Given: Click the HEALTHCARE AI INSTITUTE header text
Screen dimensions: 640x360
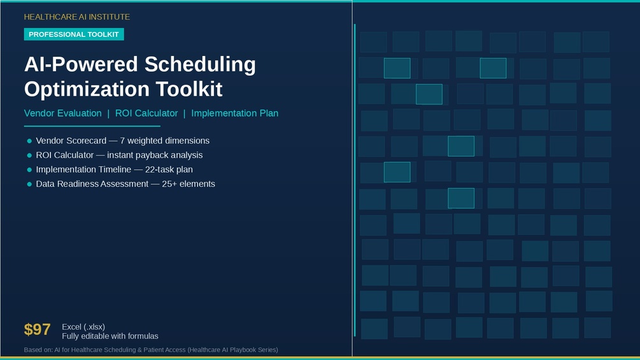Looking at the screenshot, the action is pos(76,17).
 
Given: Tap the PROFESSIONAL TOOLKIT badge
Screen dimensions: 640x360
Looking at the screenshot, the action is pos(74,34).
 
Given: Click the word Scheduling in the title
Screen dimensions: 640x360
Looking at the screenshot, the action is pos(200,65).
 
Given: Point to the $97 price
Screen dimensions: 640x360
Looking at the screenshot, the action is pos(37,329).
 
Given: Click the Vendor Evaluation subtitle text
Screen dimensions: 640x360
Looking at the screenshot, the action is pos(63,113).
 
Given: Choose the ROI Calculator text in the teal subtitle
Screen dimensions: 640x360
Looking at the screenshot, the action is pos(146,113).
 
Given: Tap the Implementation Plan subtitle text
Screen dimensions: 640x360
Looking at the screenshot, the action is pos(235,113).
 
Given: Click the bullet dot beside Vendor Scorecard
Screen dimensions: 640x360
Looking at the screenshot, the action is pos(29,141).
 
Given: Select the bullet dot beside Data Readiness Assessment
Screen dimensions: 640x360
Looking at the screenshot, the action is pos(29,184).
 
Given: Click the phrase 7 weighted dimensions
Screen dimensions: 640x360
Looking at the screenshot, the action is pos(164,140).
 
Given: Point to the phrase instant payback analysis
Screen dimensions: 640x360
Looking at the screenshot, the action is pos(155,155).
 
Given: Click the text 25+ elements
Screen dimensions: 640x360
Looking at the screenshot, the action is pos(188,184).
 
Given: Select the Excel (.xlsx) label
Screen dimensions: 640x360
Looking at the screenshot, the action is pos(83,326).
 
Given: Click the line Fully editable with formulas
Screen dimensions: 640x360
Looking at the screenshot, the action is pos(110,336).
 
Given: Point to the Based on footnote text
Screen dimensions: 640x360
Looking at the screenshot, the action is pos(151,350).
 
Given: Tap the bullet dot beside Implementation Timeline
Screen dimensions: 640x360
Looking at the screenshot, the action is pos(29,169).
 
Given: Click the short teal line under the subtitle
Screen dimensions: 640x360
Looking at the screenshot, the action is pos(92,126).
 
